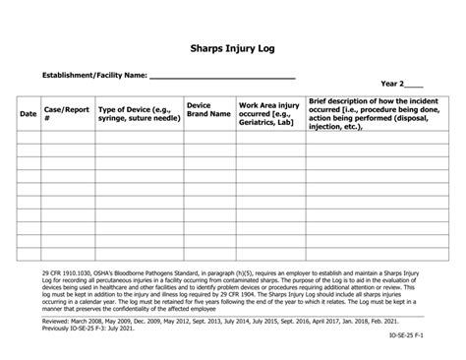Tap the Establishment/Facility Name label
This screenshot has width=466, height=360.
click(x=94, y=75)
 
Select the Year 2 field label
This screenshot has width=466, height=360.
click(x=400, y=86)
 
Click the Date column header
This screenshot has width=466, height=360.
click(x=29, y=114)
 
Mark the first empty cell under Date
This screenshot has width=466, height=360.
click(x=29, y=137)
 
